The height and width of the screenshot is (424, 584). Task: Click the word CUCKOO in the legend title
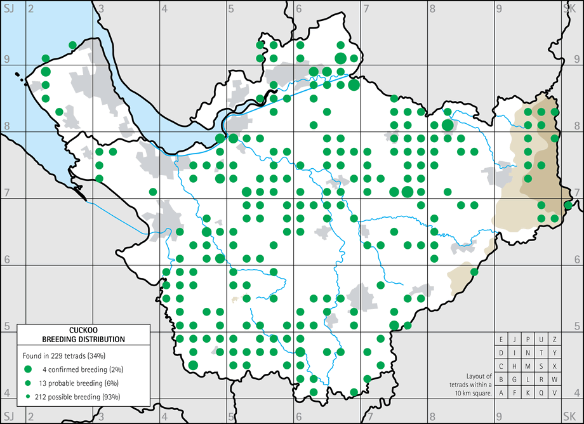coord(83,330)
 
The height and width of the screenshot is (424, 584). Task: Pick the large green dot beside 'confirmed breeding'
coord(28,369)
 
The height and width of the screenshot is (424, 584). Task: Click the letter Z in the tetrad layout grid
coord(555,340)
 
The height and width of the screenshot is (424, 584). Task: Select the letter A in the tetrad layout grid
coord(501,393)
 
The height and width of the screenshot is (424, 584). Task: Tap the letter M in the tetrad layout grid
coord(528,366)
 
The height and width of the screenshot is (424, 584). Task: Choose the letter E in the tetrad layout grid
coord(501,340)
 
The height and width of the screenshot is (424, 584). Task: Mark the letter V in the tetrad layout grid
coord(555,393)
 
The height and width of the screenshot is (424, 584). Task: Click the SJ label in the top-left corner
coord(8,8)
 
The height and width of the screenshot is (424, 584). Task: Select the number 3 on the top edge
coord(102,8)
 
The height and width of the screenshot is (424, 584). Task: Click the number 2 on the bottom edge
coord(30,417)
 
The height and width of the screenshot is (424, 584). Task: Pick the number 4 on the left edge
coord(6,393)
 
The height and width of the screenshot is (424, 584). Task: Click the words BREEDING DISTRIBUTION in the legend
coord(83,340)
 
